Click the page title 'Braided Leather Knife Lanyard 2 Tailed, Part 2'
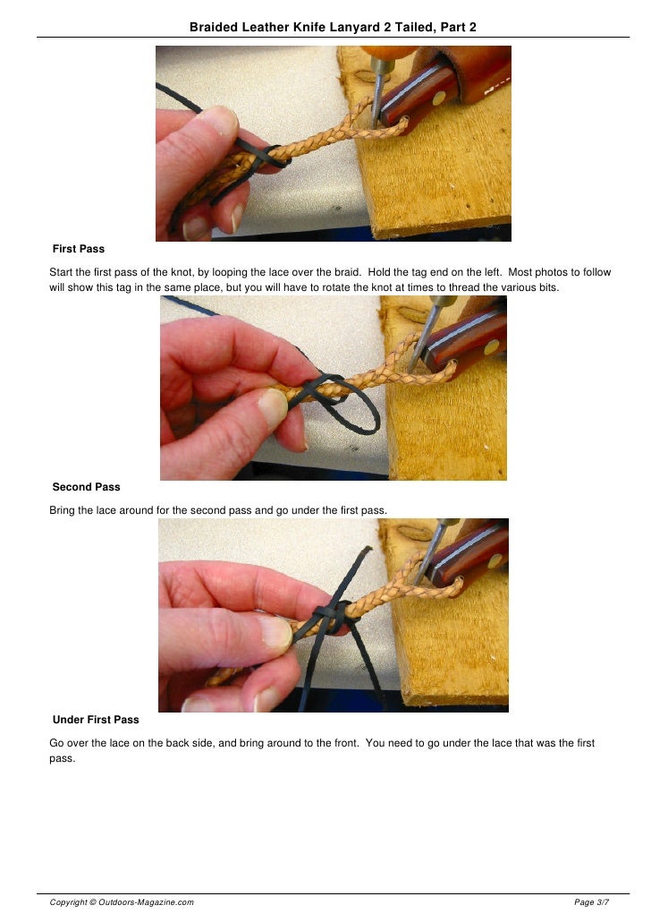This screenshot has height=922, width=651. pyautogui.click(x=333, y=27)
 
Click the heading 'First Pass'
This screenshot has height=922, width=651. pyautogui.click(x=78, y=249)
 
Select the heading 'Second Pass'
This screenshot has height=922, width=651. pyautogui.click(x=86, y=487)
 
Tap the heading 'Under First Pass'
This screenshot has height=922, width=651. pyautogui.click(x=96, y=720)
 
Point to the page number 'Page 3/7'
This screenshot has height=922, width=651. pyautogui.click(x=591, y=902)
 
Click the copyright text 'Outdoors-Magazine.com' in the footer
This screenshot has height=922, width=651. pyautogui.click(x=146, y=902)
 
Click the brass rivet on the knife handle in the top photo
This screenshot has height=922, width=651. pyautogui.click(x=438, y=98)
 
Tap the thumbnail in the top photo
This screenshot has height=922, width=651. pyautogui.click(x=219, y=120)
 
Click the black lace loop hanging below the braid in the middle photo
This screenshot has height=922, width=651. pyautogui.click(x=359, y=412)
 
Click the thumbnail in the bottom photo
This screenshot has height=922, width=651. pyautogui.click(x=275, y=632)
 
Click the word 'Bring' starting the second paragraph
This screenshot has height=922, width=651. pyautogui.click(x=62, y=510)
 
